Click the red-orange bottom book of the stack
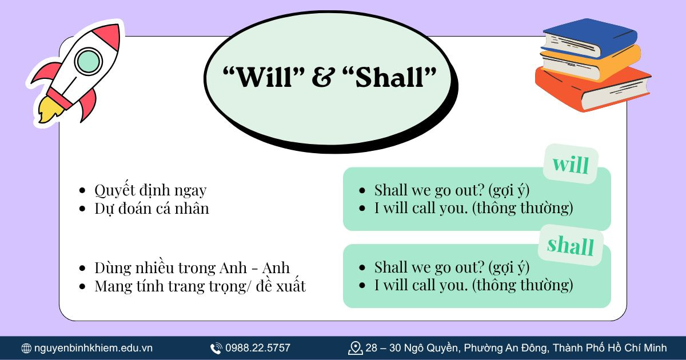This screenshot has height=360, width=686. [x=595, y=89]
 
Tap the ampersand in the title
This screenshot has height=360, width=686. [x=324, y=78]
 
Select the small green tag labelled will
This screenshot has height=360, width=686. [x=570, y=164]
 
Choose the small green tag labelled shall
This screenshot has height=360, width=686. [x=570, y=245]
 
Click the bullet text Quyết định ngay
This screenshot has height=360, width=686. [x=150, y=190]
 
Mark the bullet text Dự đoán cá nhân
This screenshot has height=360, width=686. [x=151, y=209]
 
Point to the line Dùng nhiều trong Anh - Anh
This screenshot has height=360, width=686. [x=192, y=267]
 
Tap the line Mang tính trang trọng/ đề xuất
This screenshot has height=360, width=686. [x=200, y=286]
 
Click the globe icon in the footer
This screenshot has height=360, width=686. [x=26, y=348]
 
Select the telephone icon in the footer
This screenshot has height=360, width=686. [x=216, y=348]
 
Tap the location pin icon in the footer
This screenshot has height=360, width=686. [x=356, y=347]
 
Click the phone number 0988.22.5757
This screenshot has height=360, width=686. [x=258, y=348]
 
